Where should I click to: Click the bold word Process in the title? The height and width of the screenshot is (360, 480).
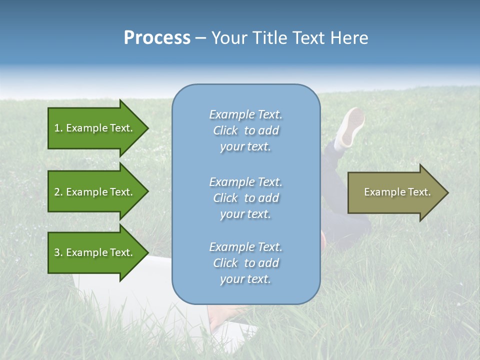(157, 38)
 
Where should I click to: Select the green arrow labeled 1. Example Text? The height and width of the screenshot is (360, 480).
(95, 128)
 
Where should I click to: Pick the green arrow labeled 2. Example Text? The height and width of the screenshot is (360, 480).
(95, 191)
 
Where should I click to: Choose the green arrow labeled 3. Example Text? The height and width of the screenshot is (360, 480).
(95, 252)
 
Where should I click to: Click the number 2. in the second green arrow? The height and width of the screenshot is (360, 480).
(58, 192)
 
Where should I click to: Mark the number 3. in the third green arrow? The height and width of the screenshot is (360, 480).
(58, 252)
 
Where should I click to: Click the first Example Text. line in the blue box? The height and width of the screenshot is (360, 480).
(245, 114)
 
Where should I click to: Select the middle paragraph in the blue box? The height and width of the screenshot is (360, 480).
(245, 198)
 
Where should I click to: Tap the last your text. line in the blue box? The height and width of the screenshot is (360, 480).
(245, 279)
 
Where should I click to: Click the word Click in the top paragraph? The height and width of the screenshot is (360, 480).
(225, 131)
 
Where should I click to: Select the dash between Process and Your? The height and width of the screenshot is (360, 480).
(201, 38)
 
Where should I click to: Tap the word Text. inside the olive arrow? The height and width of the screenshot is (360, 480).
(419, 192)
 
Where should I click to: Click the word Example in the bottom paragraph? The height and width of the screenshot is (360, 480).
(231, 247)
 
